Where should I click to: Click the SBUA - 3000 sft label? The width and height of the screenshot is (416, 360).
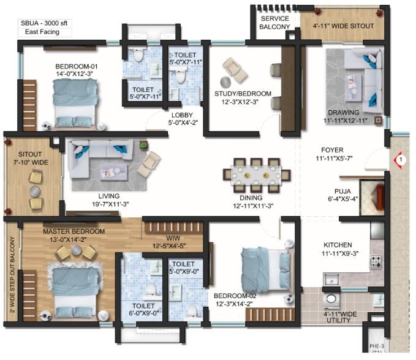[x=44, y=23]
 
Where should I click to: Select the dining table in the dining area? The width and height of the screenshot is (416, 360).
[x=257, y=175]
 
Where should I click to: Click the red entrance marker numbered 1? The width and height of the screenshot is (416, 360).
[x=399, y=160]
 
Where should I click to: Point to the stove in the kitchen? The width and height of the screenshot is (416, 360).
[x=376, y=261]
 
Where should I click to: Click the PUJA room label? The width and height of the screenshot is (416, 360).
[x=342, y=191]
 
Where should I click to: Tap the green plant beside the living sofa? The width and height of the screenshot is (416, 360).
[x=143, y=145]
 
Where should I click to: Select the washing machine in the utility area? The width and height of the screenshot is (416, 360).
[x=331, y=299]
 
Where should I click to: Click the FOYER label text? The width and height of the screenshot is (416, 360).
[x=332, y=150]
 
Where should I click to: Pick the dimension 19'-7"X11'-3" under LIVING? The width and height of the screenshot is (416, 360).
[x=110, y=204]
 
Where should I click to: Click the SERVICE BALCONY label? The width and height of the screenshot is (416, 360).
[x=274, y=23]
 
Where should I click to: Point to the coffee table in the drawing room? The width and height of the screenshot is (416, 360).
[x=354, y=84]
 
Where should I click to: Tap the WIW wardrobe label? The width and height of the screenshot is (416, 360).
[x=173, y=238]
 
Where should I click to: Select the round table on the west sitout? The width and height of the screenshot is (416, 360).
[x=35, y=190]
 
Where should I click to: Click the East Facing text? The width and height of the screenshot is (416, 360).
[x=42, y=32]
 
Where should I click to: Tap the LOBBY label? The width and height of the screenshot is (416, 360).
[x=182, y=115]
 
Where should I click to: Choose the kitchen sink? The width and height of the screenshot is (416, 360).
[x=331, y=280]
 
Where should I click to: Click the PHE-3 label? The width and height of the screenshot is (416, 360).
[x=376, y=346]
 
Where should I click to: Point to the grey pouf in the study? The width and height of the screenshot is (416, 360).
[x=225, y=81]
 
